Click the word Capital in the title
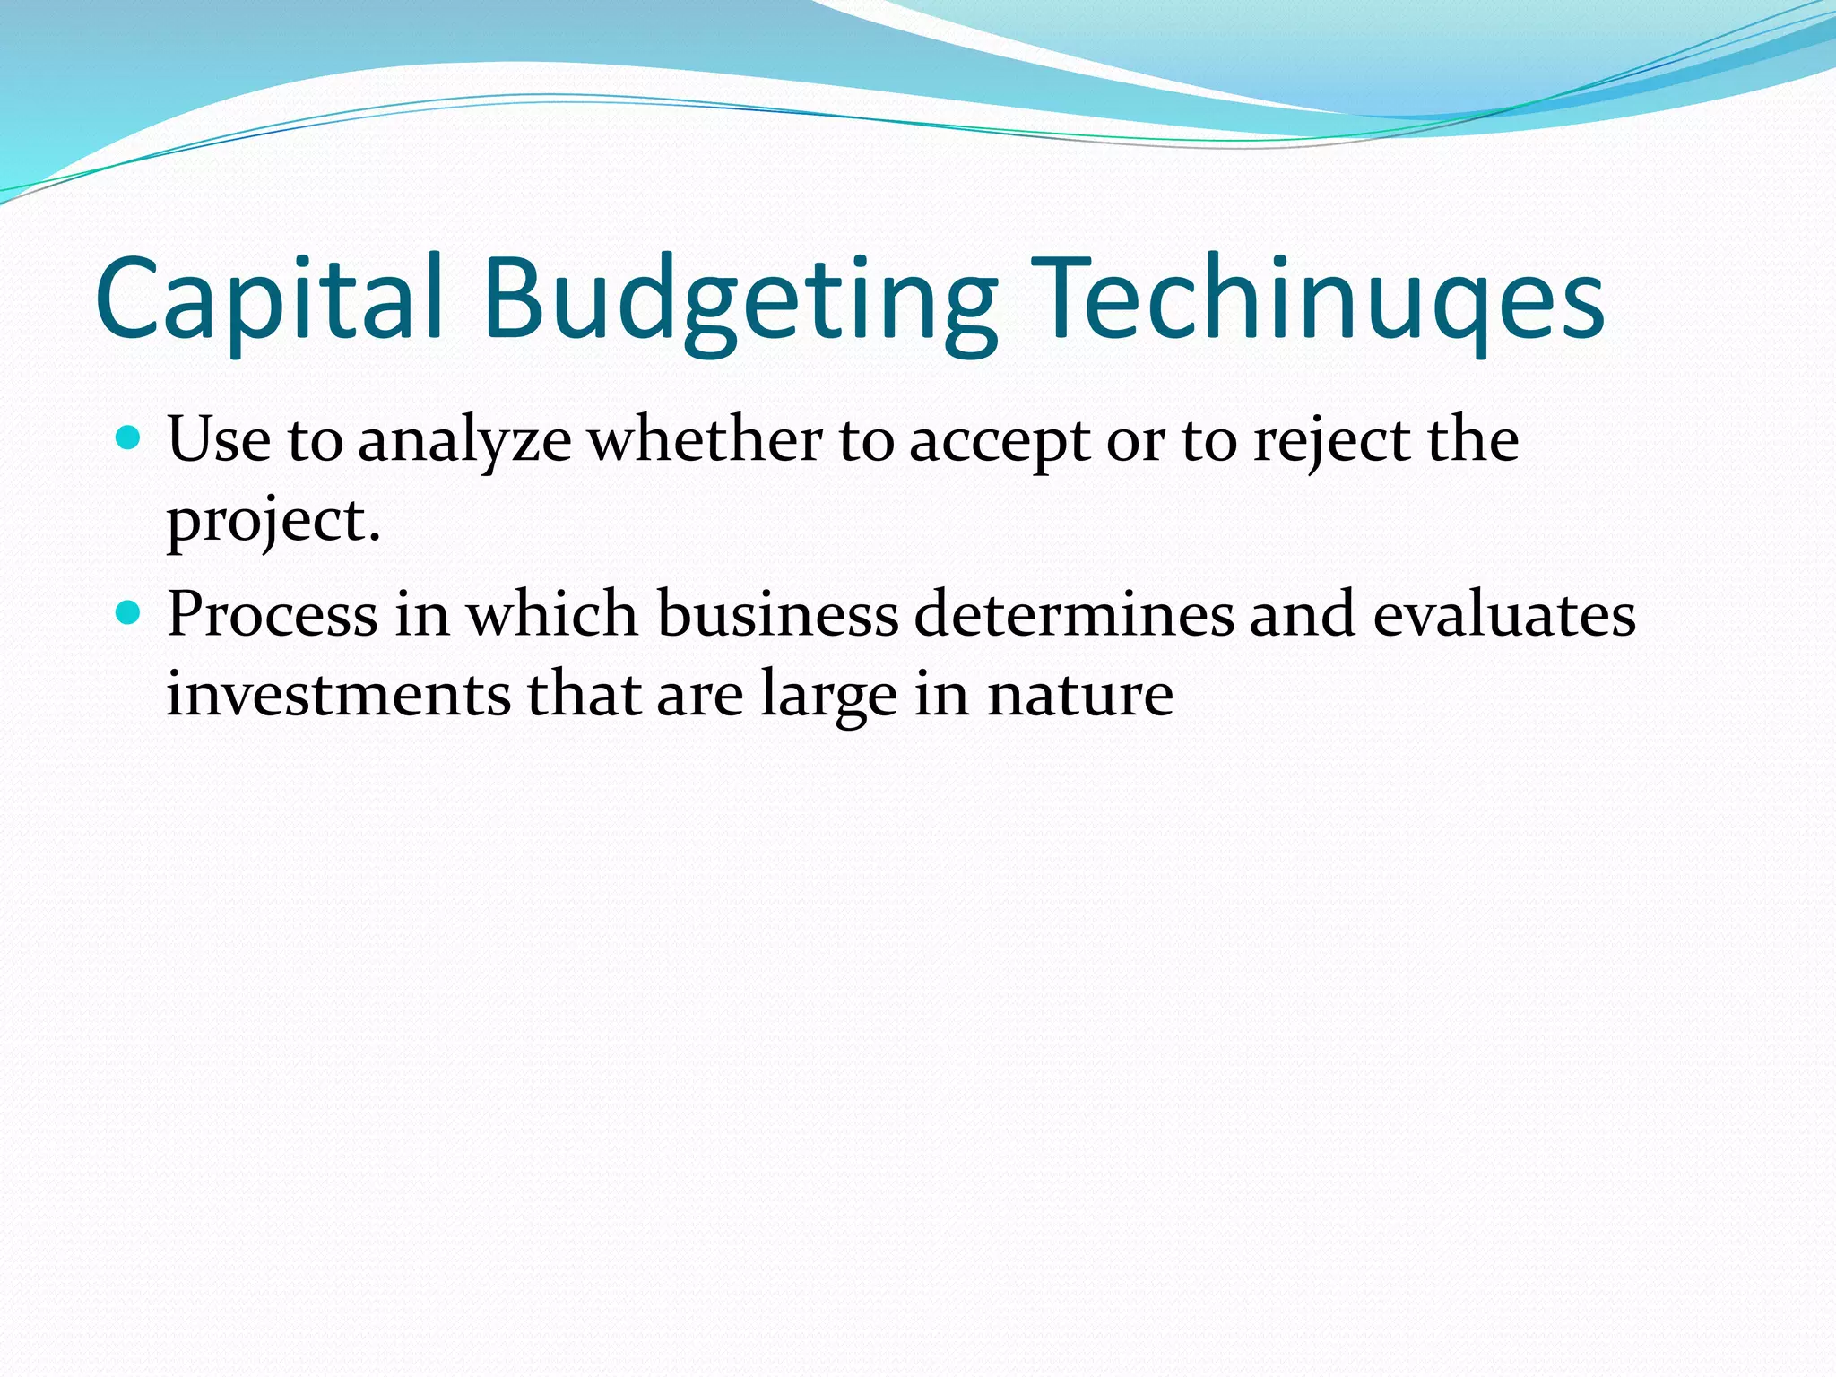point(269,300)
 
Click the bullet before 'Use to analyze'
point(129,438)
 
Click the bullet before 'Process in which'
point(129,613)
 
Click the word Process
point(273,615)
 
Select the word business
point(777,615)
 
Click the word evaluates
point(1504,615)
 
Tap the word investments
point(339,695)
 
